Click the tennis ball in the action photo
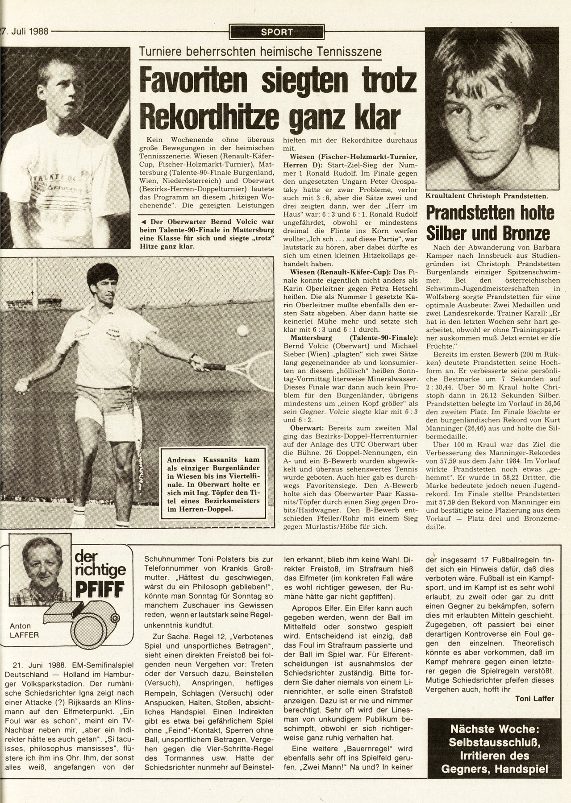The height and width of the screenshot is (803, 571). (243, 331)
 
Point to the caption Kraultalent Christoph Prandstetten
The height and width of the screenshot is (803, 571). (486, 195)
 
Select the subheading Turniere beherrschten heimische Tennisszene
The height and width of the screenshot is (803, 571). (261, 52)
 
